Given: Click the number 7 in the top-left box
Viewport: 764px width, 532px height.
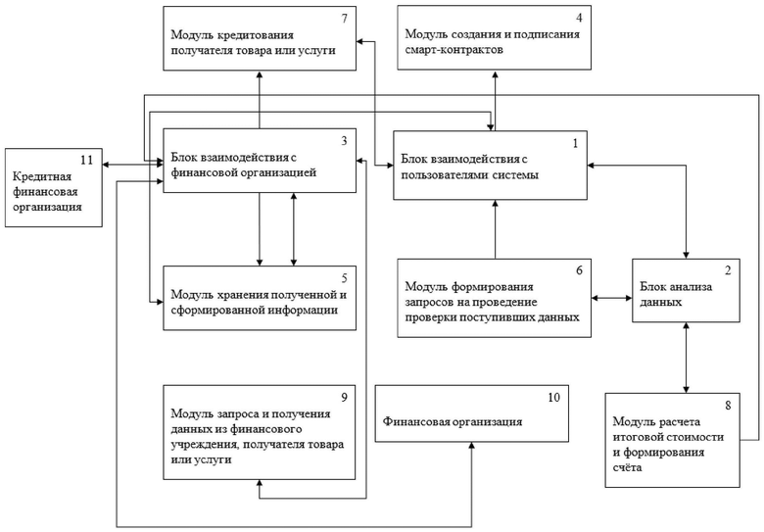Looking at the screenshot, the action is point(345,19).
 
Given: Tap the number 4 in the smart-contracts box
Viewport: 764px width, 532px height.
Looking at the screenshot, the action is point(579,18).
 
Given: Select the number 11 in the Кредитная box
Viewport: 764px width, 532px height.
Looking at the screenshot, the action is point(86,160).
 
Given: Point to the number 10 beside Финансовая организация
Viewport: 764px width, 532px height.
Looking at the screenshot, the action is point(554,398).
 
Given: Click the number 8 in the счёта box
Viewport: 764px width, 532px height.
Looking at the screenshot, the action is point(728,406).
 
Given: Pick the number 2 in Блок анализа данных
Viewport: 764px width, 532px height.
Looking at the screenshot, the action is point(728,270).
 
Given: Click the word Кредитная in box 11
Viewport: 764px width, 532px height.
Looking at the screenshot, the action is point(42,177).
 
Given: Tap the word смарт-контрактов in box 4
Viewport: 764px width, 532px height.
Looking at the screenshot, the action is point(454,50).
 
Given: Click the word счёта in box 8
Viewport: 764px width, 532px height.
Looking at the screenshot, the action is point(627,467).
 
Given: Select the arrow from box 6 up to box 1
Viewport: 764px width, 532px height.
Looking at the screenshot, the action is point(495,229).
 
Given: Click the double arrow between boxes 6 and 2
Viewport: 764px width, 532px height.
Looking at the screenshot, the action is point(612,298).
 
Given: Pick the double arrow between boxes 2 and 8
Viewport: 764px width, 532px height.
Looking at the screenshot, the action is point(686,358).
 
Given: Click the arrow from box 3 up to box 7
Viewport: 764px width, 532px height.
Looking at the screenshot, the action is point(260,99).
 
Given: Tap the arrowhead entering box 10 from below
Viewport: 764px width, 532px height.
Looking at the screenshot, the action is point(472,445).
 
